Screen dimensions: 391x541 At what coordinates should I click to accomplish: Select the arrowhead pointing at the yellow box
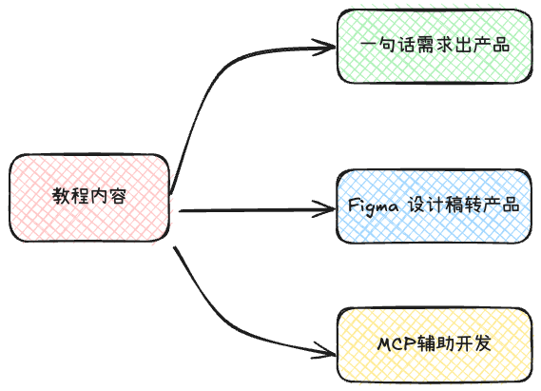pos(329,353)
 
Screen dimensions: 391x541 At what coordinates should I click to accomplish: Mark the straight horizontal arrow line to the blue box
pos(252,208)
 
